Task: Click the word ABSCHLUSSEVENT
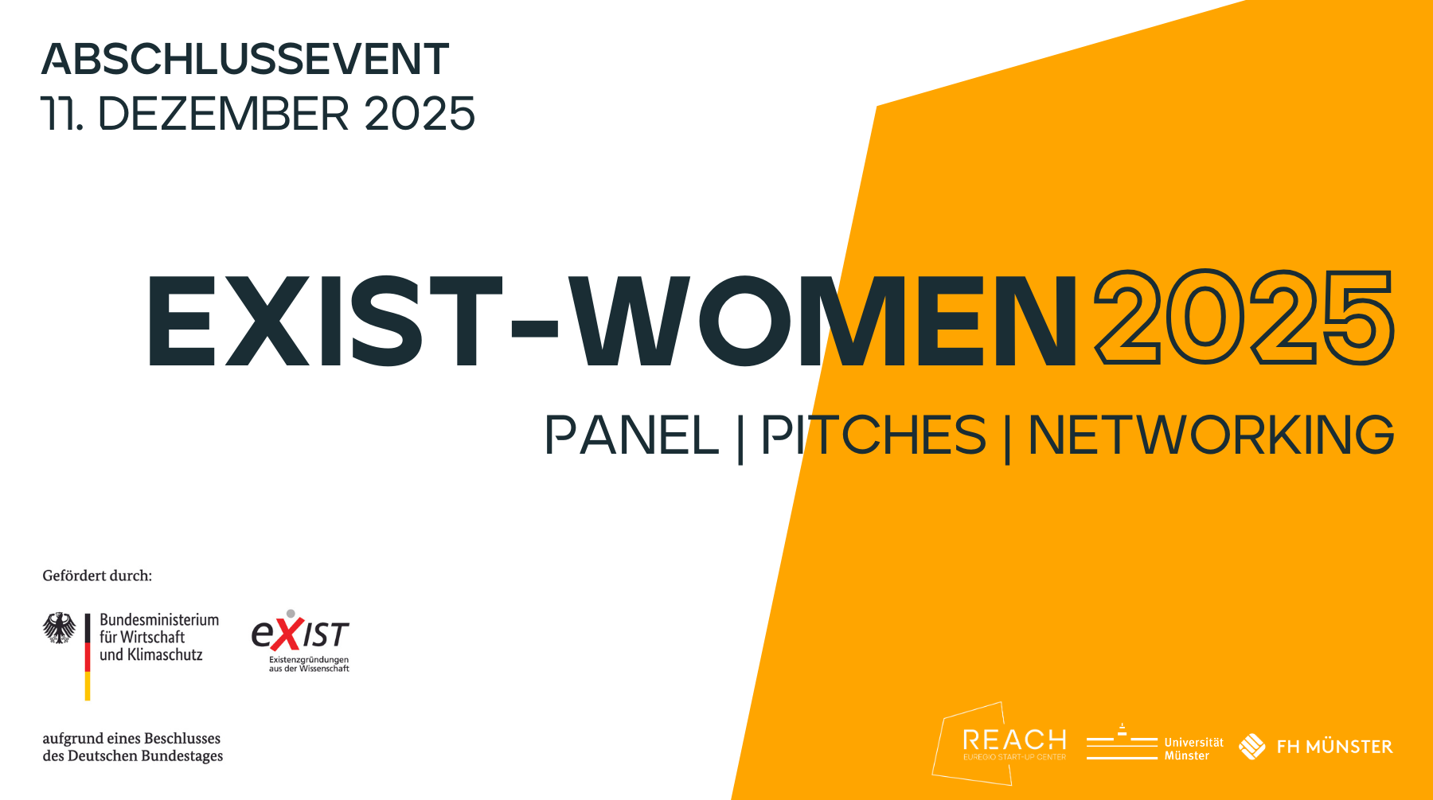click(245, 60)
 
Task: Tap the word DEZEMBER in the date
click(223, 114)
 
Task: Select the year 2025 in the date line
click(420, 114)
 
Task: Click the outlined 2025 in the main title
click(1244, 318)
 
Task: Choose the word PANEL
click(631, 435)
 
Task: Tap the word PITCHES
click(873, 435)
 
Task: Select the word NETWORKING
click(1210, 435)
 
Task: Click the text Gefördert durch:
click(97, 576)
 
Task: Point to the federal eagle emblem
click(59, 628)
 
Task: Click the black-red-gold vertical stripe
click(88, 657)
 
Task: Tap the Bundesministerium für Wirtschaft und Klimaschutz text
click(158, 637)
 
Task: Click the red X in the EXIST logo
click(289, 634)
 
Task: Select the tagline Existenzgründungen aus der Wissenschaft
click(309, 664)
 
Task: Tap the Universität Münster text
click(1193, 748)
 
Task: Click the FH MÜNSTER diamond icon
click(1251, 746)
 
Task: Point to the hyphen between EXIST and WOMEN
click(534, 327)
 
